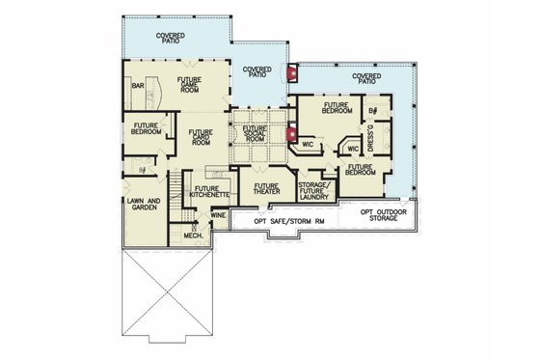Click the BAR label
click(138, 86)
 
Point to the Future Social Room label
click(255, 133)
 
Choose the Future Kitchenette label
click(209, 191)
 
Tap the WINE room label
click(219, 214)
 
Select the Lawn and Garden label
click(142, 205)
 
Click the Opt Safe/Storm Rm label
click(292, 221)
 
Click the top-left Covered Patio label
click(171, 37)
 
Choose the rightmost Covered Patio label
click(365, 78)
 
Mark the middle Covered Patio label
click(256, 71)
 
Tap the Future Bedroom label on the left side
click(147, 129)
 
